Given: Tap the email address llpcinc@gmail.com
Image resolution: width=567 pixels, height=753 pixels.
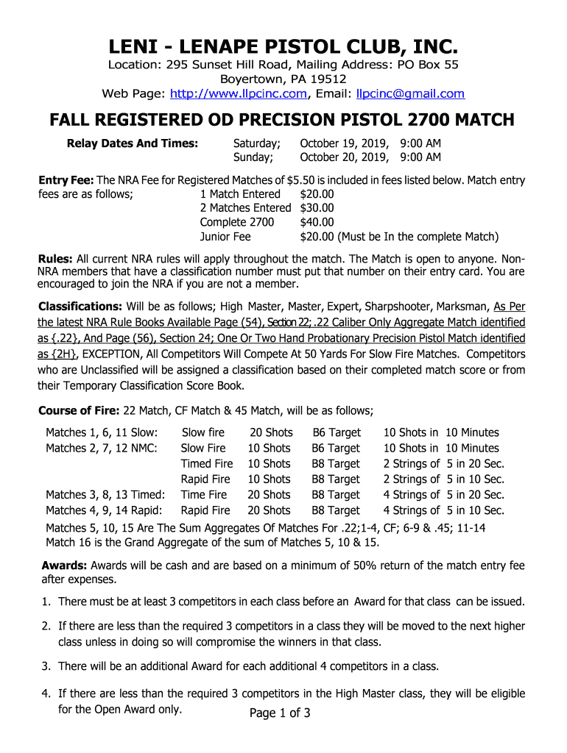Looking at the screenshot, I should [x=410, y=94].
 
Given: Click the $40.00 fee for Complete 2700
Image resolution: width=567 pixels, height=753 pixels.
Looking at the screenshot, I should [x=317, y=222].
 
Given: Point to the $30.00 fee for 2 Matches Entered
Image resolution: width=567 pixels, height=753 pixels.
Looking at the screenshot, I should [x=317, y=208].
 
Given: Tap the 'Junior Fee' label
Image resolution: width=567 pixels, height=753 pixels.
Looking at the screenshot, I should [x=225, y=237].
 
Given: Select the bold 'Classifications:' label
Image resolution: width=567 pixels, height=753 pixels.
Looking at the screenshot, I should [x=80, y=306].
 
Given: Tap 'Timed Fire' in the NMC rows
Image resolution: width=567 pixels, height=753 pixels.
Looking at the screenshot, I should [x=207, y=464].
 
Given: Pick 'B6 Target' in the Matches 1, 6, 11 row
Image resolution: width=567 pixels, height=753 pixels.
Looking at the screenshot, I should [x=337, y=432].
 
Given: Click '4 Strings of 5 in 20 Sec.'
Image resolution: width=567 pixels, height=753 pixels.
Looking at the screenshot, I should [x=443, y=495].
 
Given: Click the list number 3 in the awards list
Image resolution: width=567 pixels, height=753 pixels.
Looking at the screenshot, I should [x=45, y=666].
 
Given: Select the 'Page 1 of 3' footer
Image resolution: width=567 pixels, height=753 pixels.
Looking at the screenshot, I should [x=280, y=713].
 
